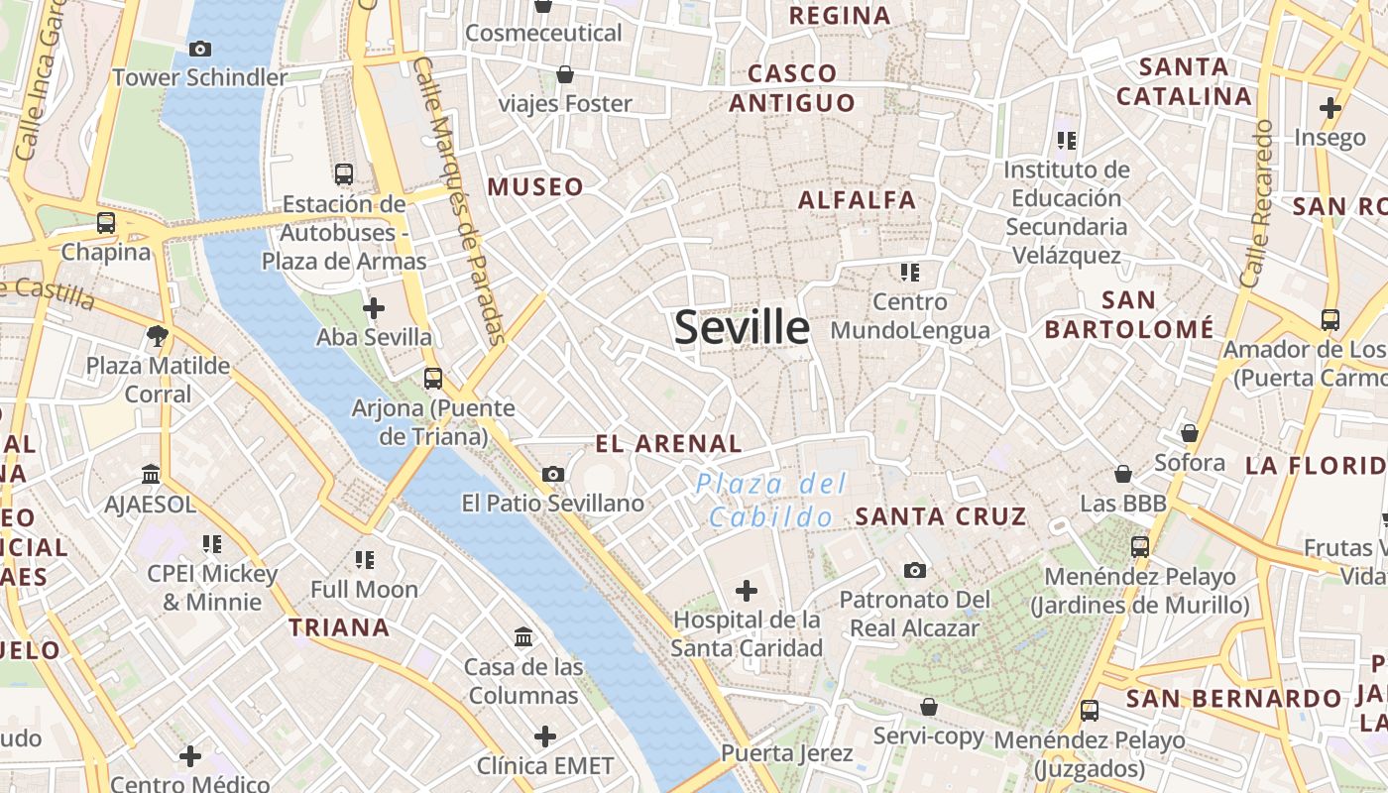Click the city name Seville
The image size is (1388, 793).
(742, 327)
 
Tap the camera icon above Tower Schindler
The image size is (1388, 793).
(199, 49)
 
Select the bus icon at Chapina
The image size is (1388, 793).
(106, 223)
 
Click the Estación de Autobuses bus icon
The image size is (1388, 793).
(344, 174)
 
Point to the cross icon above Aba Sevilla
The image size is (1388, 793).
(374, 308)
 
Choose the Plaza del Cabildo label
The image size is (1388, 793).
(771, 500)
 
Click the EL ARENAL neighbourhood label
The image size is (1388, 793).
(668, 444)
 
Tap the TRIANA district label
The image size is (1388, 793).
(339, 626)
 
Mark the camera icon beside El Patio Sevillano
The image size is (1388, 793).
(553, 475)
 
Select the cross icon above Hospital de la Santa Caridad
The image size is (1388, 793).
(747, 592)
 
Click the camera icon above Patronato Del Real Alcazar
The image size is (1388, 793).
(915, 570)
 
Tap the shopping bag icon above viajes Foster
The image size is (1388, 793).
(565, 74)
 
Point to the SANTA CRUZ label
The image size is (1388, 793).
(941, 515)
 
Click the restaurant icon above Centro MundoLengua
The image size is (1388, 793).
(910, 272)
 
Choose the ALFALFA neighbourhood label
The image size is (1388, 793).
(858, 199)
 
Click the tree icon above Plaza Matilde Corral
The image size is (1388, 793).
(157, 336)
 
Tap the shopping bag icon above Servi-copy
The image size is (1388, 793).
(929, 707)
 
